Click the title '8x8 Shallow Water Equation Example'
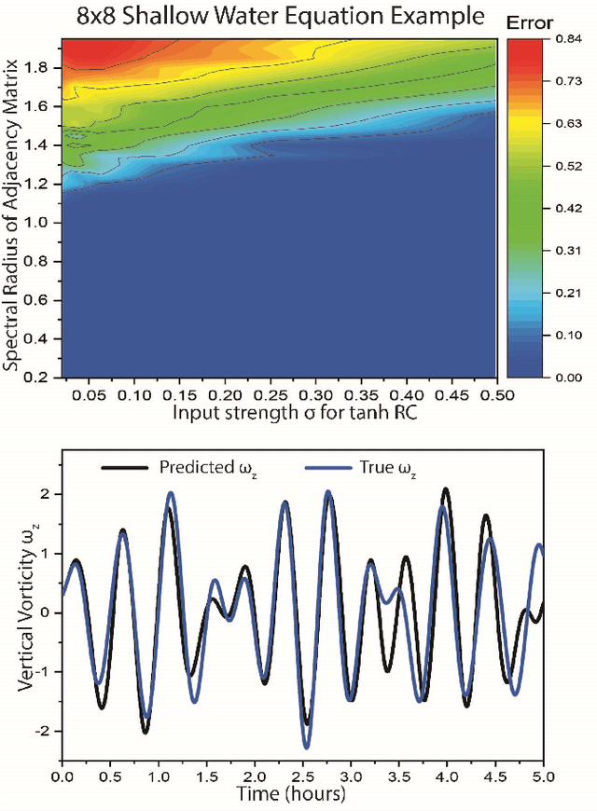coord(270,16)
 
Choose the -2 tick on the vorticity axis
coord(43,733)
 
